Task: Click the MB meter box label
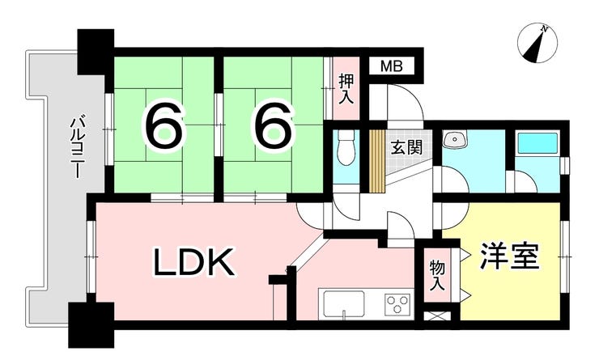(x=392, y=66)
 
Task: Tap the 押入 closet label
(x=346, y=88)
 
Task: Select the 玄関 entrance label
(x=406, y=147)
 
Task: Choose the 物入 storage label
(x=437, y=276)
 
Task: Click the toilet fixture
(x=346, y=149)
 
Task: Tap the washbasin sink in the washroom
(x=454, y=139)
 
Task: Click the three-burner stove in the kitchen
(x=397, y=304)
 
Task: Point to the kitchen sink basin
(x=344, y=303)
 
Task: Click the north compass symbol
(x=537, y=43)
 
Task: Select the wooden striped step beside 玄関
(x=376, y=161)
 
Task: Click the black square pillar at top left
(x=96, y=50)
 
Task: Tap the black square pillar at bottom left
(x=91, y=325)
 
